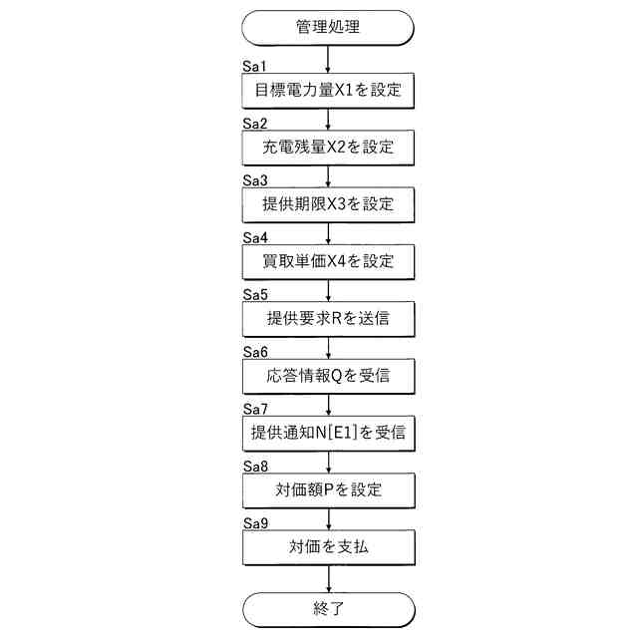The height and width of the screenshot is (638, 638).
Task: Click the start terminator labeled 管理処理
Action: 328,27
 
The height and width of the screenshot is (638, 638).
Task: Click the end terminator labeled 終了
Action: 328,609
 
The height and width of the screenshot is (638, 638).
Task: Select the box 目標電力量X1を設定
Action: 328,90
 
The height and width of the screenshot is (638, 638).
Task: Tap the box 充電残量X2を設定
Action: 328,148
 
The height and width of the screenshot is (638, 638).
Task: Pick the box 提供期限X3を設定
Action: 328,204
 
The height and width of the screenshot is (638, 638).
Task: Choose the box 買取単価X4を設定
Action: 328,261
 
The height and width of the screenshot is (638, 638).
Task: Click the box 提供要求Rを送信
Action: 328,319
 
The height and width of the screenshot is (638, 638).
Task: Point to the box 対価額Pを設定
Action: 328,490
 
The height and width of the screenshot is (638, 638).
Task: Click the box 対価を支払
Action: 328,547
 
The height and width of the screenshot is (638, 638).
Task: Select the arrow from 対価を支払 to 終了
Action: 328,579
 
